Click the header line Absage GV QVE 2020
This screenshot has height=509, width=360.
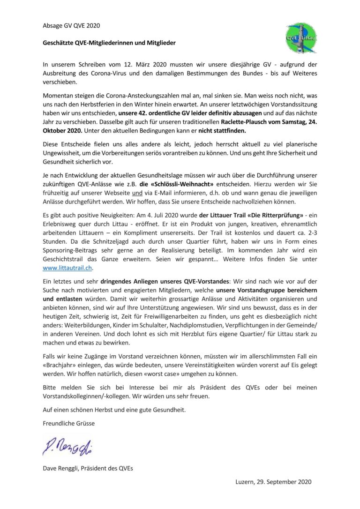71,25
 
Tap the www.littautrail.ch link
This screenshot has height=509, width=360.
67,268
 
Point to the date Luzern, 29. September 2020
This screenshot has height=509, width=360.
273,481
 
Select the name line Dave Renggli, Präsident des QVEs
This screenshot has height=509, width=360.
88,468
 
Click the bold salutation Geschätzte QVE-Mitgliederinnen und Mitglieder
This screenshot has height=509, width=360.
109,43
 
